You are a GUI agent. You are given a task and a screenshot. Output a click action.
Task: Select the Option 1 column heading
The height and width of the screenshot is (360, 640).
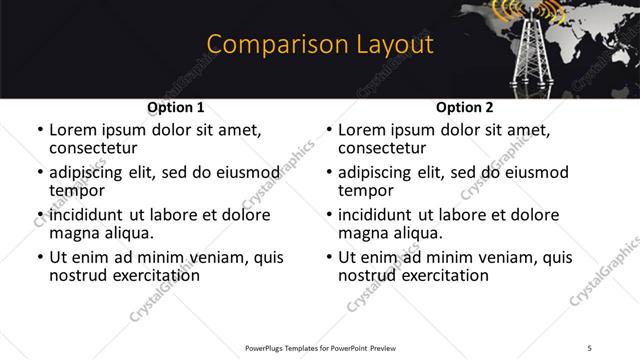pos(176,107)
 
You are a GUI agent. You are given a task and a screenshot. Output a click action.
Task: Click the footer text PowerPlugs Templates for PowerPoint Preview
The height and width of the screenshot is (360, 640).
pos(319,348)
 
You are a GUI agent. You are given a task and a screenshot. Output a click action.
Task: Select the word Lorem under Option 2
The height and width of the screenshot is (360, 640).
pos(363,129)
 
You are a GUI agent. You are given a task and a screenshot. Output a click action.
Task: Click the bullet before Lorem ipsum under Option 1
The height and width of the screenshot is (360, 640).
pos(39,130)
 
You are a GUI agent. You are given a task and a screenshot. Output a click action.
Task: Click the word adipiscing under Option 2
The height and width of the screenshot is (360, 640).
pos(379,172)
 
